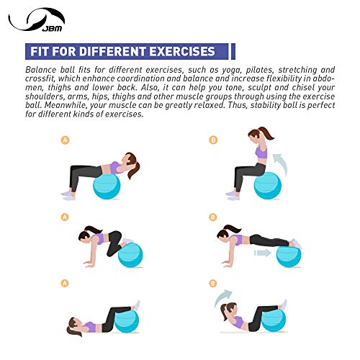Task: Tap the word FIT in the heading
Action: tap(40, 52)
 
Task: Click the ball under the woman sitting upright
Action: tap(267, 185)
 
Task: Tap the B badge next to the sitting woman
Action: tap(213, 140)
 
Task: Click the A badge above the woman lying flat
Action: tap(66, 283)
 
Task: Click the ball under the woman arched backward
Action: tap(107, 186)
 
